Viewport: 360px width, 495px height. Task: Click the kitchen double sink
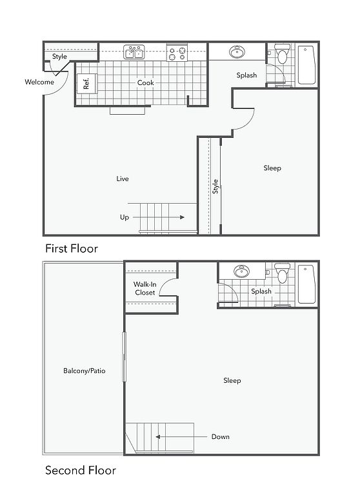(x=134, y=52)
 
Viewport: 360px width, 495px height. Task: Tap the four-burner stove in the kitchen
(x=177, y=53)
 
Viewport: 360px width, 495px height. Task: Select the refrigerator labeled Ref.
(x=87, y=83)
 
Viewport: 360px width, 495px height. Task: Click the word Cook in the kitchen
(x=145, y=82)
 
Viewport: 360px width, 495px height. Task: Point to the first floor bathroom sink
(x=237, y=52)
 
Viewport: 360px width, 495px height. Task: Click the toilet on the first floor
(x=282, y=53)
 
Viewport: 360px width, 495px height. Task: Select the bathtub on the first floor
(x=306, y=65)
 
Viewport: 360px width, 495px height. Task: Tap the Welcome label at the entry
(x=39, y=82)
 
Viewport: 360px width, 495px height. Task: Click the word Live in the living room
(x=123, y=179)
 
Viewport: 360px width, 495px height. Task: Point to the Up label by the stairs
(x=125, y=217)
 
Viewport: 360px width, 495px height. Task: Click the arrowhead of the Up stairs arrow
(x=182, y=217)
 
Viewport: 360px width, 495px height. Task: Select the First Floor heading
(x=72, y=248)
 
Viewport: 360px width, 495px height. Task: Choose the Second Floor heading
(x=80, y=471)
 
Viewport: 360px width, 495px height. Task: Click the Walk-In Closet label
(x=145, y=289)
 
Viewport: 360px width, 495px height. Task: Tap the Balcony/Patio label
(x=84, y=371)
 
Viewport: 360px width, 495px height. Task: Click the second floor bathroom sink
(x=241, y=271)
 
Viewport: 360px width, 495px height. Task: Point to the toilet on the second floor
(x=282, y=273)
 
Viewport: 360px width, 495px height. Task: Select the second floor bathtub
(x=306, y=284)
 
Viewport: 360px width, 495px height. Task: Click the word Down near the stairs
(x=220, y=436)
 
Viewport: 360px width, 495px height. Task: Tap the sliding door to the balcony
(x=125, y=356)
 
